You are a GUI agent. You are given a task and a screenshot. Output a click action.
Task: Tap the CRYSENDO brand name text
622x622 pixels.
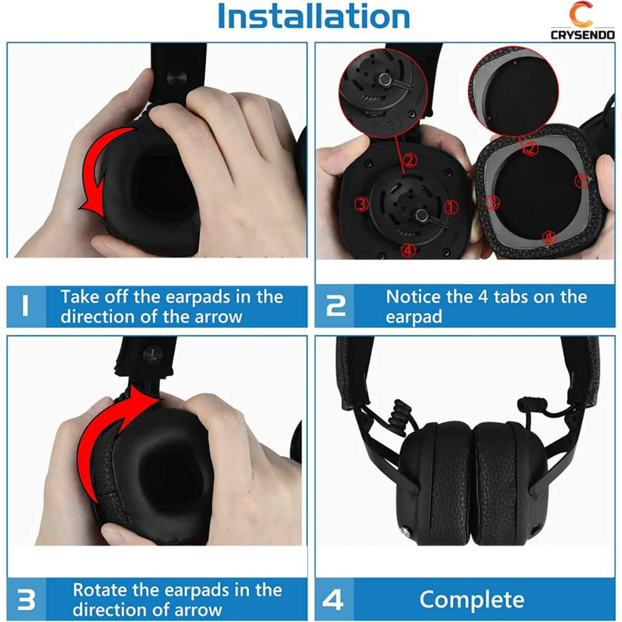[583, 35]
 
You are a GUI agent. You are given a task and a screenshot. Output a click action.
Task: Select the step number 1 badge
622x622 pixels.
[26, 306]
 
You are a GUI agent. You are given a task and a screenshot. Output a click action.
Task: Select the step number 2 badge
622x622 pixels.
[335, 306]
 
